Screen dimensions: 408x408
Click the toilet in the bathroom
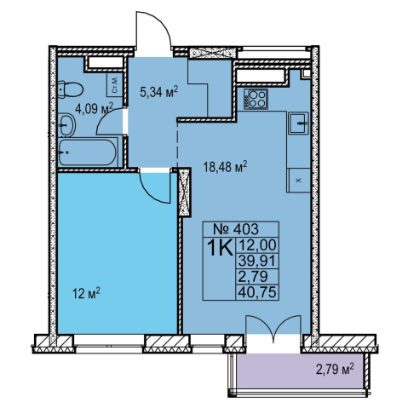coord(71,89)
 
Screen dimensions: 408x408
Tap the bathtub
coord(88,152)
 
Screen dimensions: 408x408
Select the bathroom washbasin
coord(67,125)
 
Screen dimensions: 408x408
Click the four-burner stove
coord(255,98)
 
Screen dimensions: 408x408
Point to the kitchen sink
coord(298,123)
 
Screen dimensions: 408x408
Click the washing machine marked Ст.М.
coord(115,85)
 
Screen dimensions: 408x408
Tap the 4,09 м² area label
coord(94,108)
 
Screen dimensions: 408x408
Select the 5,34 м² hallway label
coord(159,92)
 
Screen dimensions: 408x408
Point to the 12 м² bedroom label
coord(87,293)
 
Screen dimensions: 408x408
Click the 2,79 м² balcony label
coord(335,370)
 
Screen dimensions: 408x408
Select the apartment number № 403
coord(236,229)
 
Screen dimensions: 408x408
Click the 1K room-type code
coord(220,248)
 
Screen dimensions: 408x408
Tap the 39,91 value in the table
coord(257,261)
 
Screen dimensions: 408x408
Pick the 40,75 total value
coord(257,292)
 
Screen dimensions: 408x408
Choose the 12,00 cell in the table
coord(257,245)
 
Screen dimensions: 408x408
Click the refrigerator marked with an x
coord(298,181)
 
